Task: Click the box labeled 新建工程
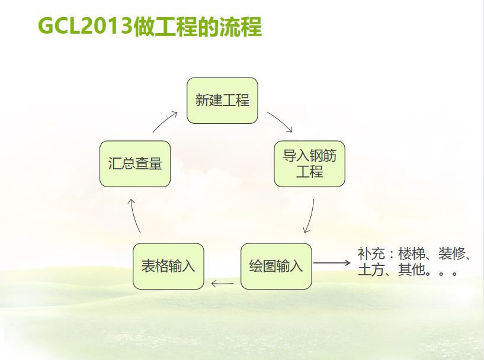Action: coord(222,101)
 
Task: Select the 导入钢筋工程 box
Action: coord(310,164)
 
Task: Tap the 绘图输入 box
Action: coord(276,266)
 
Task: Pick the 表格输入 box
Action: coord(168,266)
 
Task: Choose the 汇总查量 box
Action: coord(135,164)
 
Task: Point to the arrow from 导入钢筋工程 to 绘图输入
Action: coord(310,216)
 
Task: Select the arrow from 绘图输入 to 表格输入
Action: coord(222,283)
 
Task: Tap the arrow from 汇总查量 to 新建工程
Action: coord(165,121)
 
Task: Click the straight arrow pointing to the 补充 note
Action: coord(332,263)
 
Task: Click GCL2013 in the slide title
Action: coord(85,26)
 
